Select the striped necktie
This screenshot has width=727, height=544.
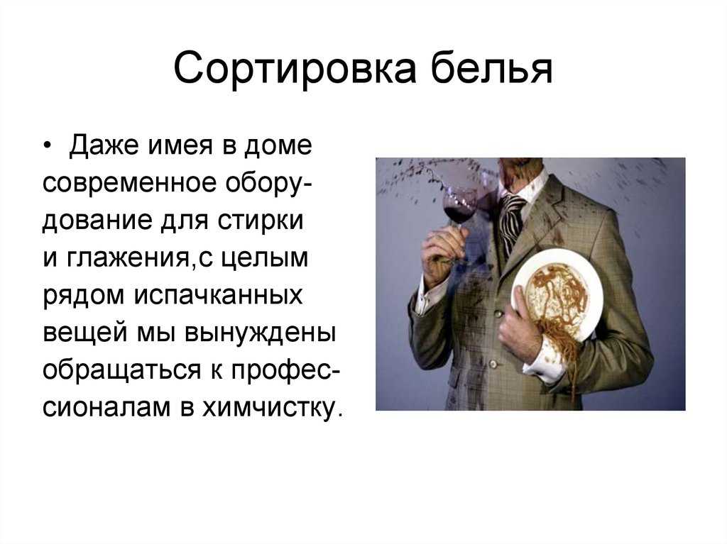point(510,219)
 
